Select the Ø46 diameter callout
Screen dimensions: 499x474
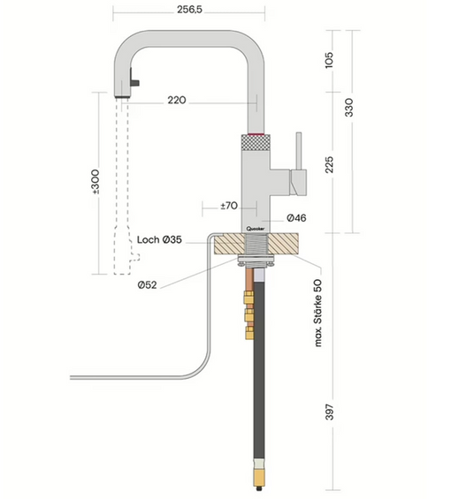pos(296,216)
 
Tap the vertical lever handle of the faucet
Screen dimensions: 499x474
pos(300,154)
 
